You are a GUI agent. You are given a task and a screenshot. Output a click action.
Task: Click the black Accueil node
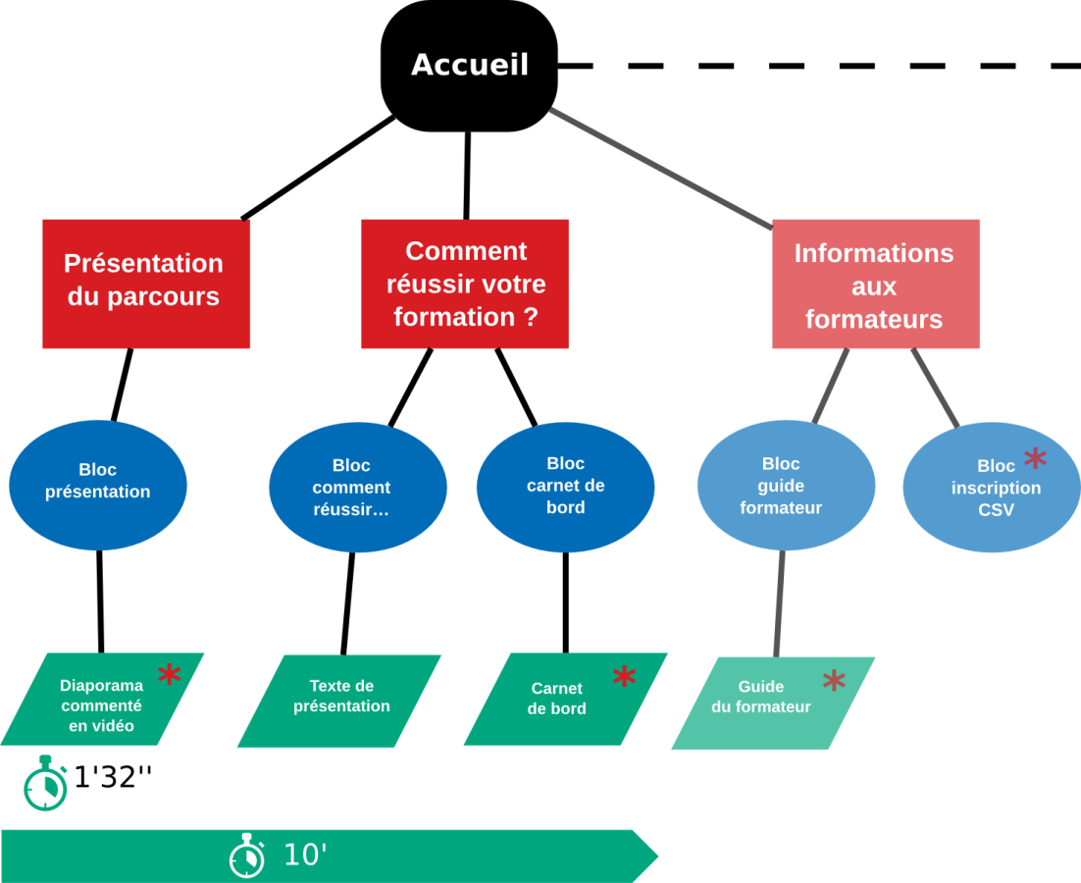pyautogui.click(x=470, y=66)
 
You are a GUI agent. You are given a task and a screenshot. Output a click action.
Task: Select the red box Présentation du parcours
pyautogui.click(x=146, y=284)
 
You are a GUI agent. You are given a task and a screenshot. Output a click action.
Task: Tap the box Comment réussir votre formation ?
pyautogui.click(x=465, y=284)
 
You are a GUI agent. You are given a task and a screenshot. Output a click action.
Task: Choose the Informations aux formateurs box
pyautogui.click(x=876, y=284)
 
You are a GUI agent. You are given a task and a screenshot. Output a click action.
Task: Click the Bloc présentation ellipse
pyautogui.click(x=98, y=486)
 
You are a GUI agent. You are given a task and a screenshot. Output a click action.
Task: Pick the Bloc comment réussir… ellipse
pyautogui.click(x=358, y=488)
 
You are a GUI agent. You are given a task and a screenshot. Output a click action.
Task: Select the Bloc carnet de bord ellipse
pyautogui.click(x=565, y=488)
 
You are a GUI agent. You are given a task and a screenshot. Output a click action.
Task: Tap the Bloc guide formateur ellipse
pyautogui.click(x=786, y=486)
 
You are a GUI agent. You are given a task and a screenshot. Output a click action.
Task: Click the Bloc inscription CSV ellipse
pyautogui.click(x=992, y=488)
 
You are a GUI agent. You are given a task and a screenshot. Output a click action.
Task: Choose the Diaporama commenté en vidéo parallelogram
pyautogui.click(x=102, y=699)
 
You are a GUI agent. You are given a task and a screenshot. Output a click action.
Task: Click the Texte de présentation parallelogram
pyautogui.click(x=339, y=701)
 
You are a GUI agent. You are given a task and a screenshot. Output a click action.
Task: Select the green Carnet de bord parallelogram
pyautogui.click(x=565, y=699)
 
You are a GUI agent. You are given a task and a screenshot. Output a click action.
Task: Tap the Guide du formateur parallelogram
pyautogui.click(x=773, y=703)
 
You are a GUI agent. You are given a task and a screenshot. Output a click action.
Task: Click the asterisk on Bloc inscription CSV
pyautogui.click(x=1036, y=458)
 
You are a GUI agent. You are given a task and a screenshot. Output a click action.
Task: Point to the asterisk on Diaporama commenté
pyautogui.click(x=169, y=673)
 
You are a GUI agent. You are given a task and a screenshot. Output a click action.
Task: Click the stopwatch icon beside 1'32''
pyautogui.click(x=45, y=783)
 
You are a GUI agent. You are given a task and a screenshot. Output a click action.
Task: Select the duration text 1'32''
pyautogui.click(x=113, y=777)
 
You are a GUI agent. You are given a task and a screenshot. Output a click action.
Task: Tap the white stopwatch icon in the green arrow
pyautogui.click(x=247, y=856)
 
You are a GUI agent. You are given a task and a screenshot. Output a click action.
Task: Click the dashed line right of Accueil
pyautogui.click(x=820, y=66)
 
